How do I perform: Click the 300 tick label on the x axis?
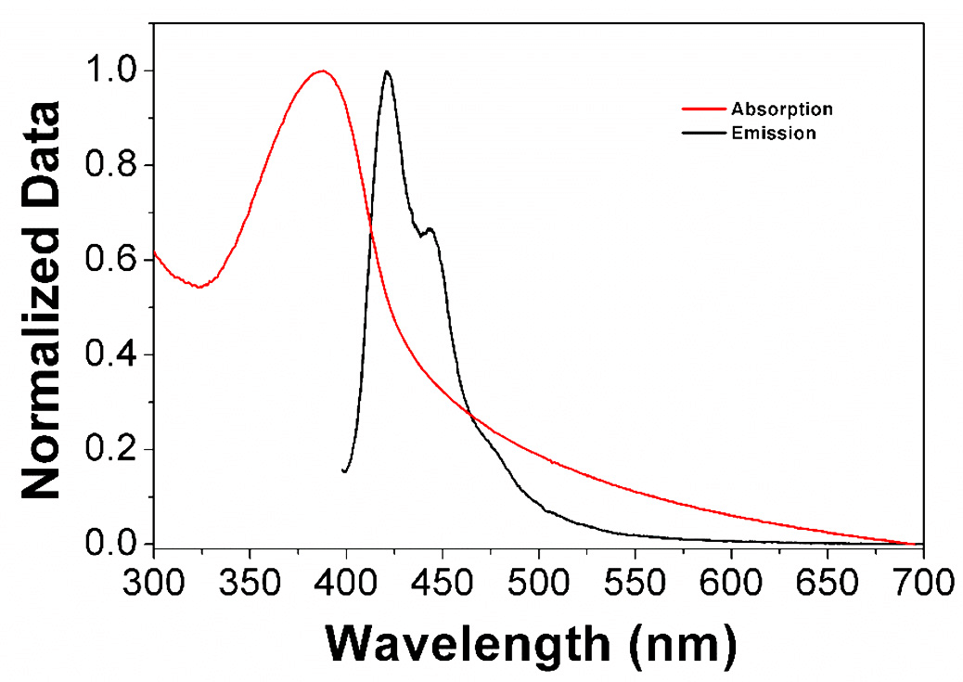154,585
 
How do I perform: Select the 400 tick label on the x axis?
346,585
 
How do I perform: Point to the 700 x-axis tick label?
919,585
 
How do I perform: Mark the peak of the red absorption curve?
322,71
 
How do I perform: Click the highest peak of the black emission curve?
387,71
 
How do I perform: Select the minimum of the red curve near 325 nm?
199,287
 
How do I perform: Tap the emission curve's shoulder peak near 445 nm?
430,229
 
